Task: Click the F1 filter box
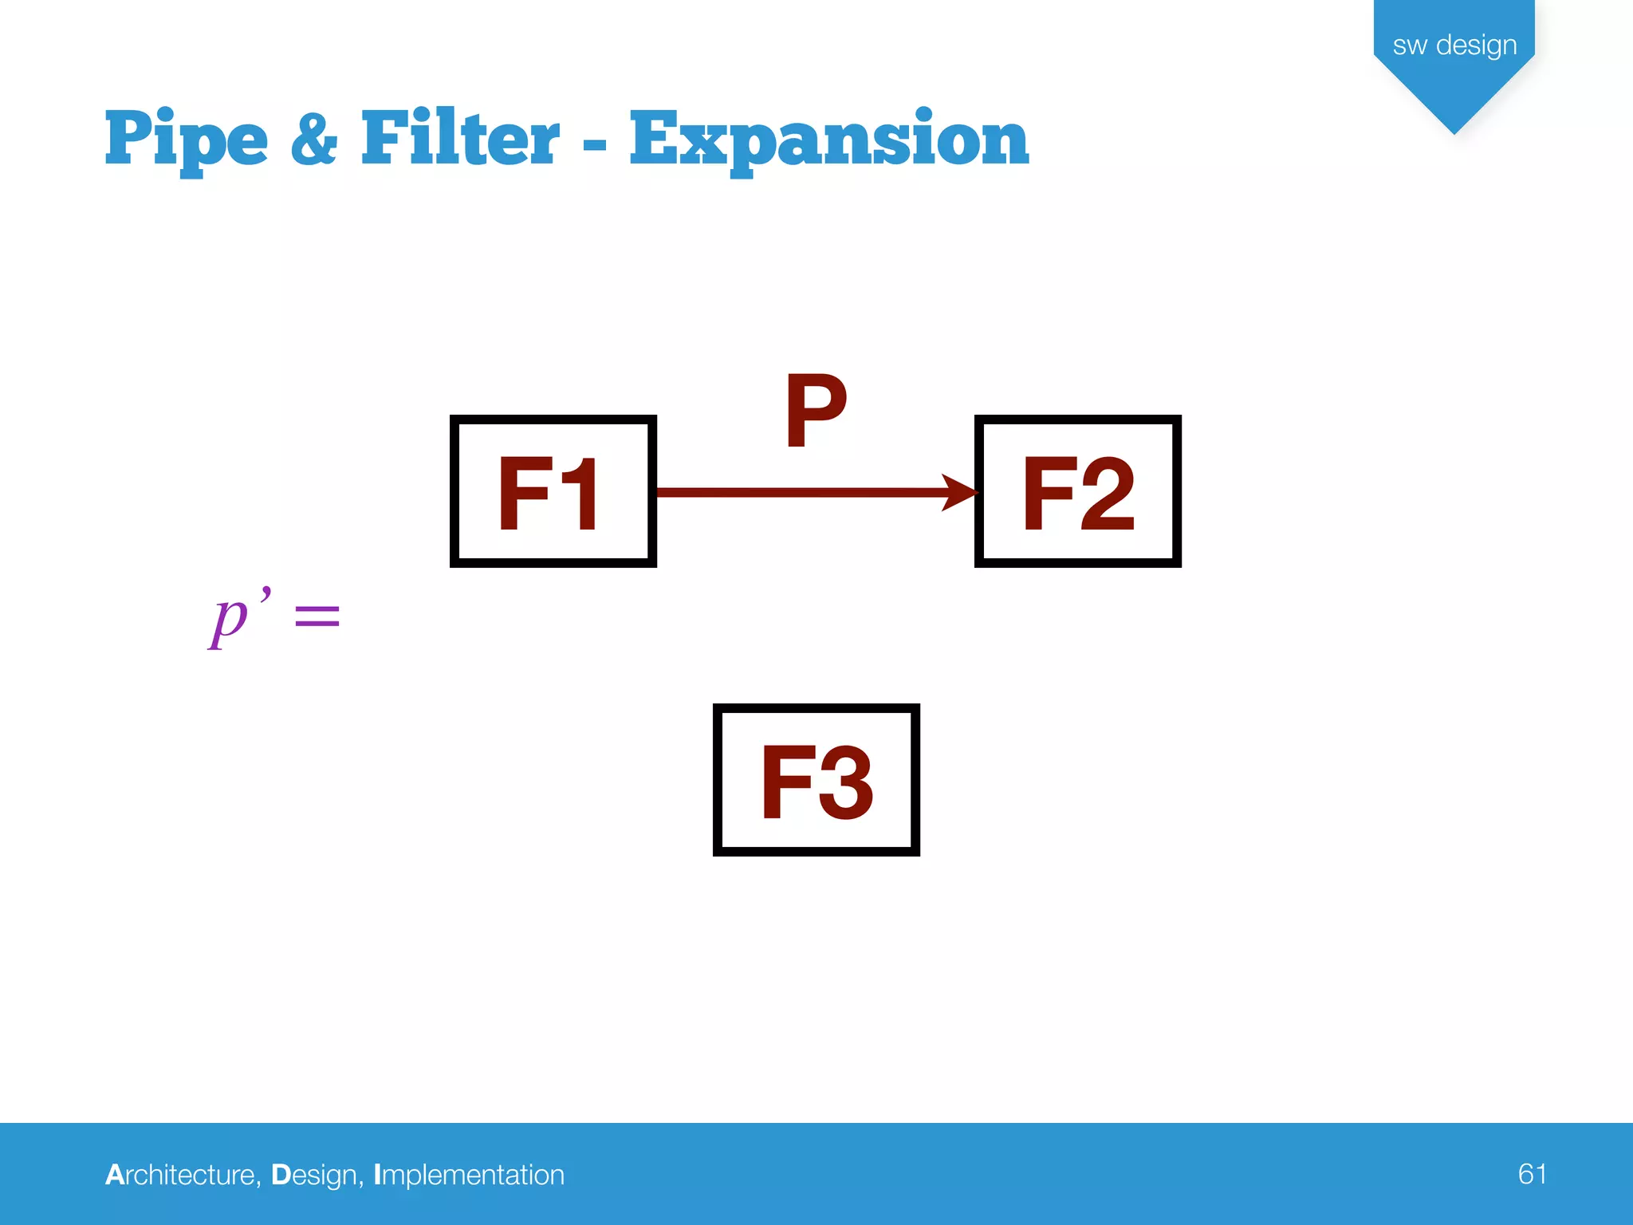553,491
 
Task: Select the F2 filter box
1077,491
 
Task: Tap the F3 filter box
816,780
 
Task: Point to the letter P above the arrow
815,411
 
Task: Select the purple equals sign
317,616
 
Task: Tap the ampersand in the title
314,139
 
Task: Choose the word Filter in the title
460,139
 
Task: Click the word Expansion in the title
829,140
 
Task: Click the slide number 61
1532,1174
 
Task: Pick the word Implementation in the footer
469,1176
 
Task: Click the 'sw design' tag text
1454,45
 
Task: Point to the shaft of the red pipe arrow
797,492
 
